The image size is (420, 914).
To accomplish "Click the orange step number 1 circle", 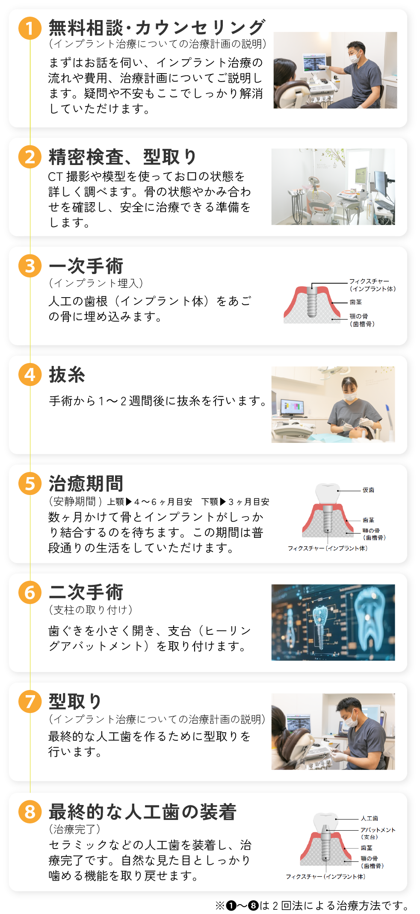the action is [x=30, y=28].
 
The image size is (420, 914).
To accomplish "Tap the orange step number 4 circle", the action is [x=30, y=374].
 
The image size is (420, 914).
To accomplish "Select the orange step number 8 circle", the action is [x=30, y=812].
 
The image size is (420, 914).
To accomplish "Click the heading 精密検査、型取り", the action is [x=122, y=157].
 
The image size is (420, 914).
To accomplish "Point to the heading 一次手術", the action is [x=86, y=266].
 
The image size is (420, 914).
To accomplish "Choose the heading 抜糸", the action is [x=67, y=374].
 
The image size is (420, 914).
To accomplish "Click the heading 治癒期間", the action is [x=86, y=484].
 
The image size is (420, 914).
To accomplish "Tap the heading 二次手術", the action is [x=86, y=593].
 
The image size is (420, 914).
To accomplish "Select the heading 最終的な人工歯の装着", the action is [x=142, y=812].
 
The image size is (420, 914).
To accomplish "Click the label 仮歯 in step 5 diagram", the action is [x=368, y=490].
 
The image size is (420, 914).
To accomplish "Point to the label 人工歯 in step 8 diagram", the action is [x=369, y=818].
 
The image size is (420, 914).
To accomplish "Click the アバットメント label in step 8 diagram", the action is [x=378, y=830].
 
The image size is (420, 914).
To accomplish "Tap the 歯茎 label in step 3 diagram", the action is [x=355, y=302].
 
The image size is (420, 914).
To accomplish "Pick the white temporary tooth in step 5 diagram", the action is [x=328, y=494].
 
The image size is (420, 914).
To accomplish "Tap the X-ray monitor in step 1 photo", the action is [x=314, y=63].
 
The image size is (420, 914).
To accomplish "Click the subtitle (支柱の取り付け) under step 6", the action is [x=91, y=610].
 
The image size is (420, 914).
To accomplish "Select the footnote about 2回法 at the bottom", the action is [x=312, y=905].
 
